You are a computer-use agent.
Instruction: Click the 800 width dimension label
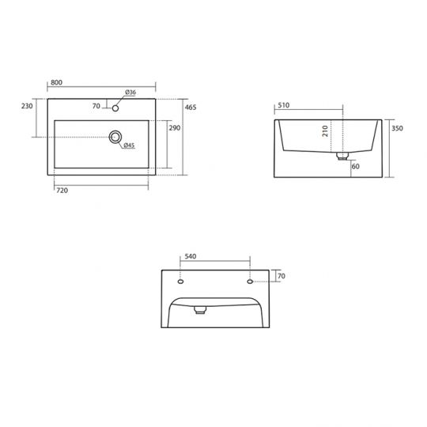pyautogui.click(x=57, y=82)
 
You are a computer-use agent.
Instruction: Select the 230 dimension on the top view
pyautogui.click(x=27, y=106)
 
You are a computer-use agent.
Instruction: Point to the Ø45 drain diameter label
pyautogui.click(x=128, y=145)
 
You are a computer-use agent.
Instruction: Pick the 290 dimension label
pyautogui.click(x=175, y=127)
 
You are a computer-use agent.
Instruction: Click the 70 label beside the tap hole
pyautogui.click(x=96, y=106)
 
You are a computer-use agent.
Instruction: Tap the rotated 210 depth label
pyautogui.click(x=325, y=130)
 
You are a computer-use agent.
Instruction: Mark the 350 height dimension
pyautogui.click(x=397, y=127)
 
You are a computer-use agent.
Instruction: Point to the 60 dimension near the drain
pyautogui.click(x=355, y=167)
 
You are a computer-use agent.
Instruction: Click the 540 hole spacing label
pyautogui.click(x=190, y=257)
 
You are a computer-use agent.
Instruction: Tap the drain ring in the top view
pyautogui.click(x=116, y=137)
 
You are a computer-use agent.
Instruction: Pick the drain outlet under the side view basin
pyautogui.click(x=342, y=157)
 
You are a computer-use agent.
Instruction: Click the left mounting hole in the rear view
pyautogui.click(x=180, y=282)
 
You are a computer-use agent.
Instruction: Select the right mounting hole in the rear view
pyautogui.click(x=250, y=282)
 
